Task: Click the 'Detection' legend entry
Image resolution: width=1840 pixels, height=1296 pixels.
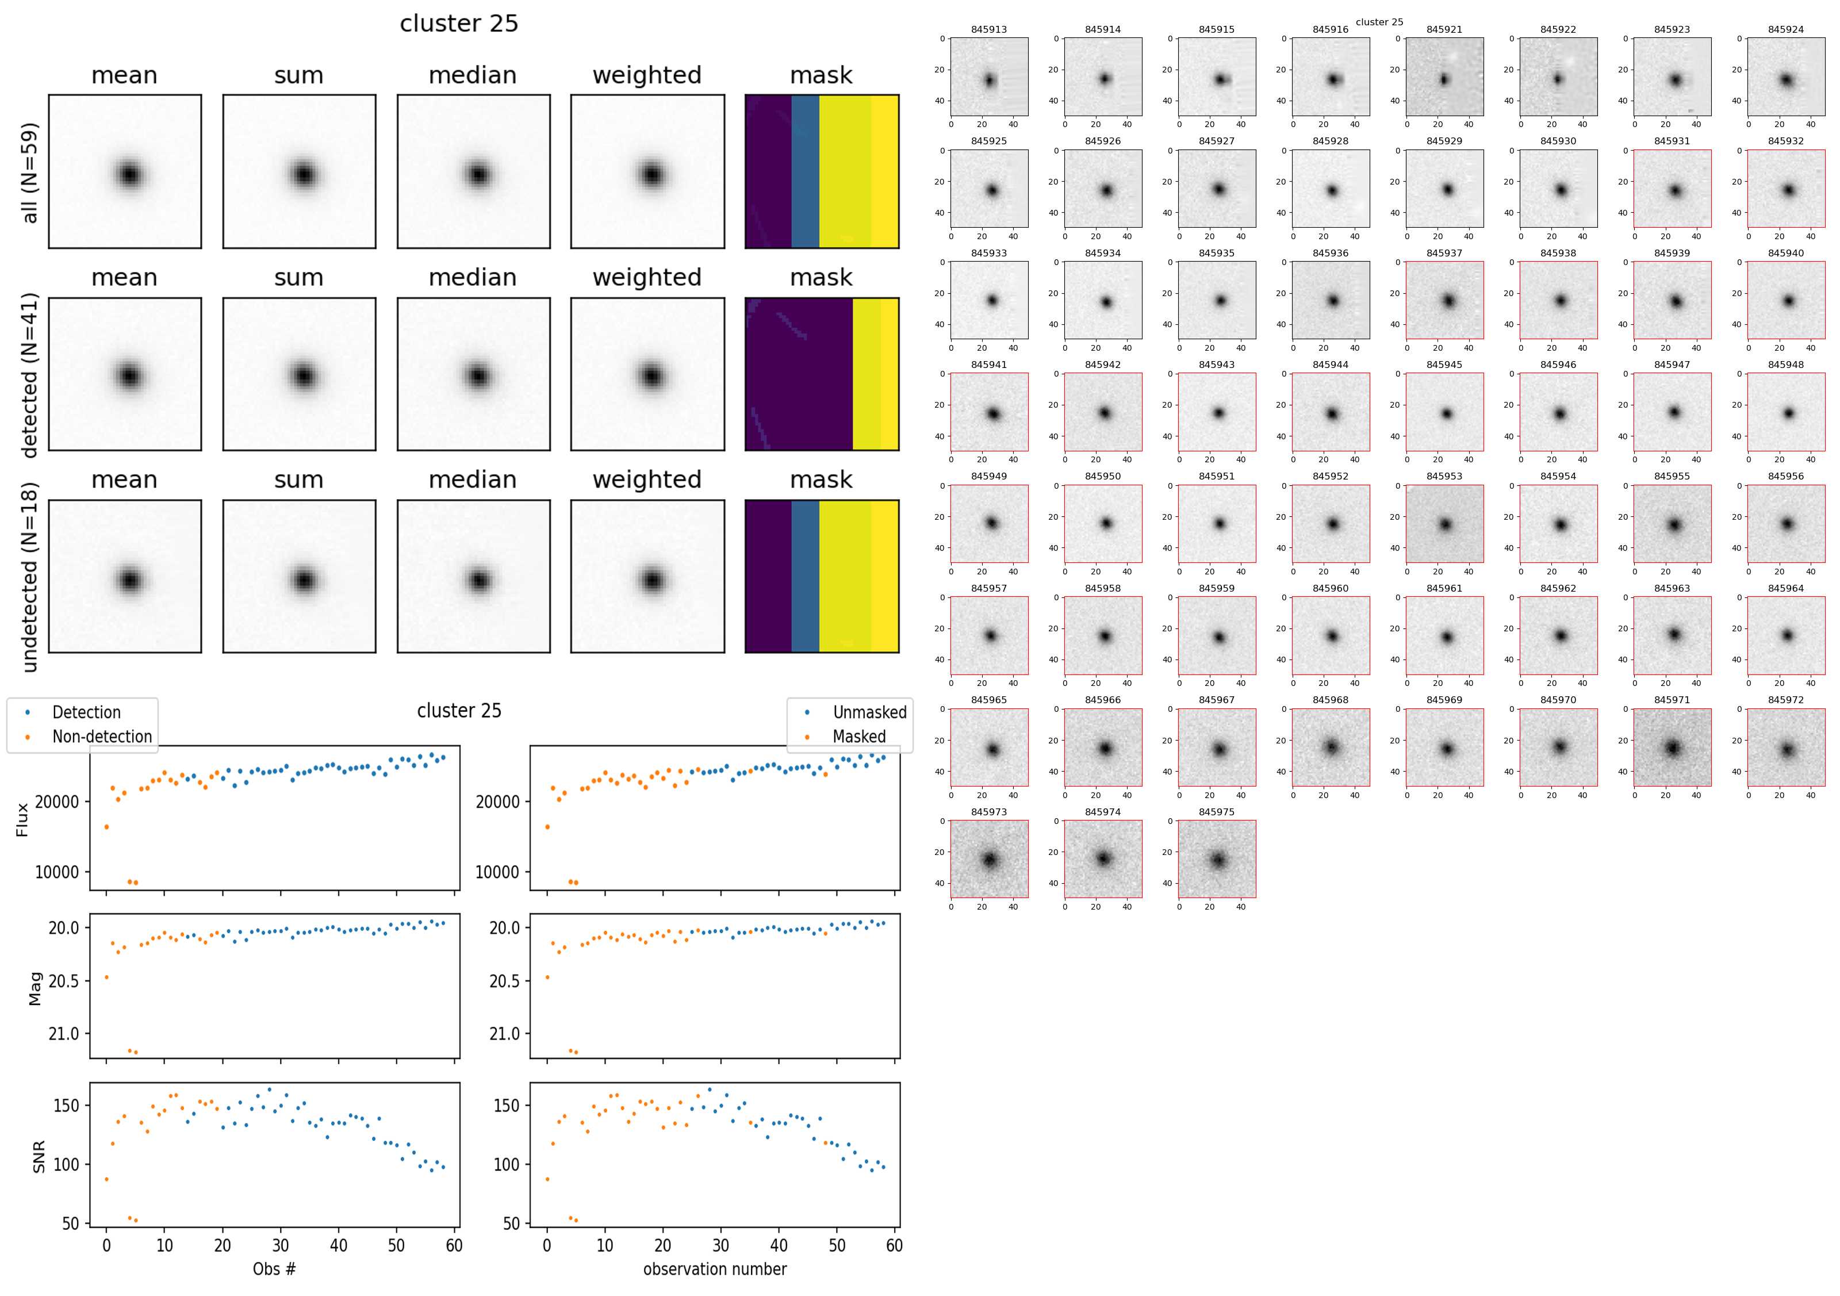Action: point(86,712)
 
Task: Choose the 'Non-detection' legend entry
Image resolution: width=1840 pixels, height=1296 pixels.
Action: point(102,737)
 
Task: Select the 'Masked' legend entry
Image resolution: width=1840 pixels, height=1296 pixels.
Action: point(859,737)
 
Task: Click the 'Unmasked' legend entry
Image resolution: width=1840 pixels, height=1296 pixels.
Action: point(869,712)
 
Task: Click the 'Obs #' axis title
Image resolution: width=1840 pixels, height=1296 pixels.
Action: point(274,1269)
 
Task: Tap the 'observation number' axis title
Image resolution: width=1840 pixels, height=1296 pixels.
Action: point(715,1269)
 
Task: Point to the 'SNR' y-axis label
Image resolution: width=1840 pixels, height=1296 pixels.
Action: point(38,1156)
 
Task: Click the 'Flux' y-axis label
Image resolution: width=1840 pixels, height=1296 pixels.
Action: point(22,819)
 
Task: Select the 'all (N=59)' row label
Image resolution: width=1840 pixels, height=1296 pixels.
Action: point(30,172)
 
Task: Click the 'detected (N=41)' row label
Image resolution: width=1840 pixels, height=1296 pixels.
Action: point(30,374)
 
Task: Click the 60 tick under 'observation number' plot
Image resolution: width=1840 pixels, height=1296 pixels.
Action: point(894,1245)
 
